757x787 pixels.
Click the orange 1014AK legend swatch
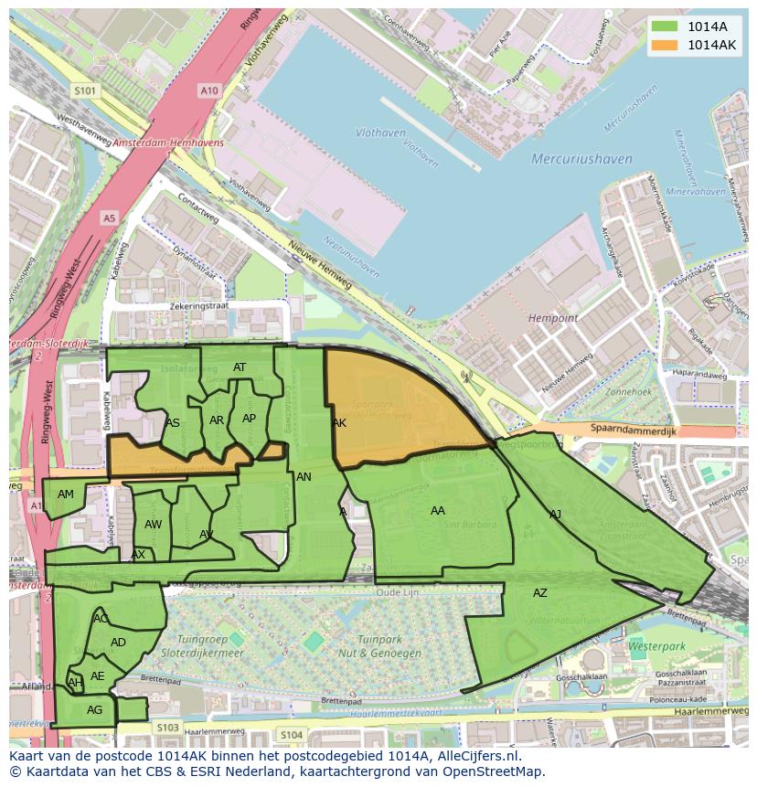point(665,45)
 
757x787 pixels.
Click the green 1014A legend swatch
point(665,26)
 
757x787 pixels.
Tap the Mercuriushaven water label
point(581,159)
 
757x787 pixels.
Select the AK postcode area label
point(339,423)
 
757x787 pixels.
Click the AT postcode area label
point(240,367)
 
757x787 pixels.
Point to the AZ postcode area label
point(540,593)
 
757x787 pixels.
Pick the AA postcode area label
point(438,511)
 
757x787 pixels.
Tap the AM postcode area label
point(66,495)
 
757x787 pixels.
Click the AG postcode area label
point(94,710)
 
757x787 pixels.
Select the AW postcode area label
point(154,525)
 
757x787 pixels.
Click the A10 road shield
point(209,90)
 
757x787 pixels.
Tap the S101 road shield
point(85,90)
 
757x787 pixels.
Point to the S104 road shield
point(291,735)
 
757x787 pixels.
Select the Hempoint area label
point(553,318)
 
